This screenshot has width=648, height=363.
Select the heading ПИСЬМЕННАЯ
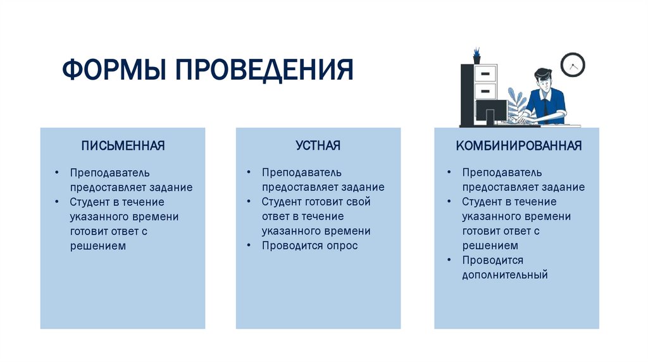click(123, 146)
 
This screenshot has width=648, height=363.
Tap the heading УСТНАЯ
click(318, 146)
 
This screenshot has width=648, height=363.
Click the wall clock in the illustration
click(573, 65)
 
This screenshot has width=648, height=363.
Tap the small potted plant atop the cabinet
click(476, 53)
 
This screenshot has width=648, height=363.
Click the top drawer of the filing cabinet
click(485, 73)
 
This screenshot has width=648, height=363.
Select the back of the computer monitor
click(491, 112)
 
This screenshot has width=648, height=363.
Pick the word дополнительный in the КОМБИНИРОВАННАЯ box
click(504, 275)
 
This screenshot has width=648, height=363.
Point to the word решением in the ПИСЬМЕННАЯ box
click(98, 246)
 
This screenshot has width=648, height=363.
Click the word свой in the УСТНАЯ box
click(358, 202)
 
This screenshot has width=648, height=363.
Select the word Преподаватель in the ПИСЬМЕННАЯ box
click(110, 173)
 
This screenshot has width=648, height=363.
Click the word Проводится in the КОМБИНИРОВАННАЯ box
click(492, 261)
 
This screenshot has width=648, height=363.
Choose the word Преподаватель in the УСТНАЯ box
click(302, 173)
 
